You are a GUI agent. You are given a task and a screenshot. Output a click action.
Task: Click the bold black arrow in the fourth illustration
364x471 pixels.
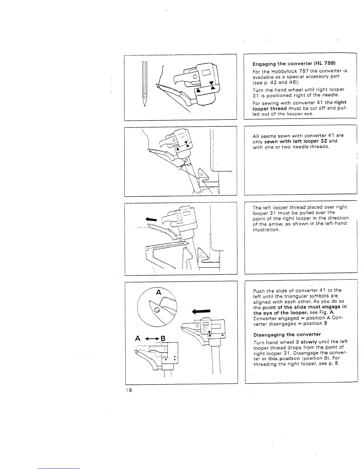coord(201,311)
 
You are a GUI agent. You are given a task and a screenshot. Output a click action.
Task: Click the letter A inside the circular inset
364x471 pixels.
coord(159,293)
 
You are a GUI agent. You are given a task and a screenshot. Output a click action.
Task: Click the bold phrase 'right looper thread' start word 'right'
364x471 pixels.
coord(340,102)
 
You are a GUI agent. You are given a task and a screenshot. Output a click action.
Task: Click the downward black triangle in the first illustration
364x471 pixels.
coord(211,83)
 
